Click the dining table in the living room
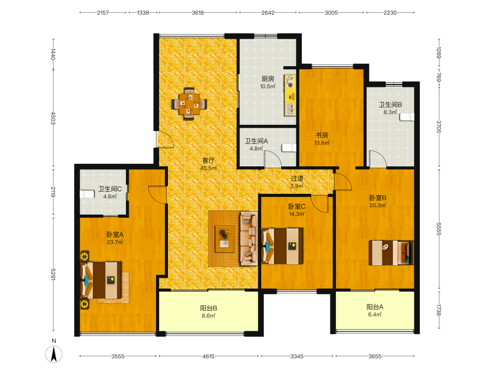point(189,104)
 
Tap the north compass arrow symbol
point(54,354)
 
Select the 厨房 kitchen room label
point(268,78)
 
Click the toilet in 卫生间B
point(407,117)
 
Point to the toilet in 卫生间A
point(289,148)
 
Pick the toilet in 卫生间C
point(87,194)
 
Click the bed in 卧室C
point(282,246)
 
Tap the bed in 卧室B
point(391,253)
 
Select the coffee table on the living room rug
point(225,239)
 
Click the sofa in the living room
point(249,238)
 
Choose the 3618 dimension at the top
point(198,13)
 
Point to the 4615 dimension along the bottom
point(208,356)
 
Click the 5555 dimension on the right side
point(439,229)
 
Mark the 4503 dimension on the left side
point(53,118)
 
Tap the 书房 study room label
point(322,135)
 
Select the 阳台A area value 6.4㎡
point(375,315)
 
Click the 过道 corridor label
point(297,179)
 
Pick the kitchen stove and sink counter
point(290,95)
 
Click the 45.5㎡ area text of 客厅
point(208,168)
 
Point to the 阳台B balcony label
point(208,308)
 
